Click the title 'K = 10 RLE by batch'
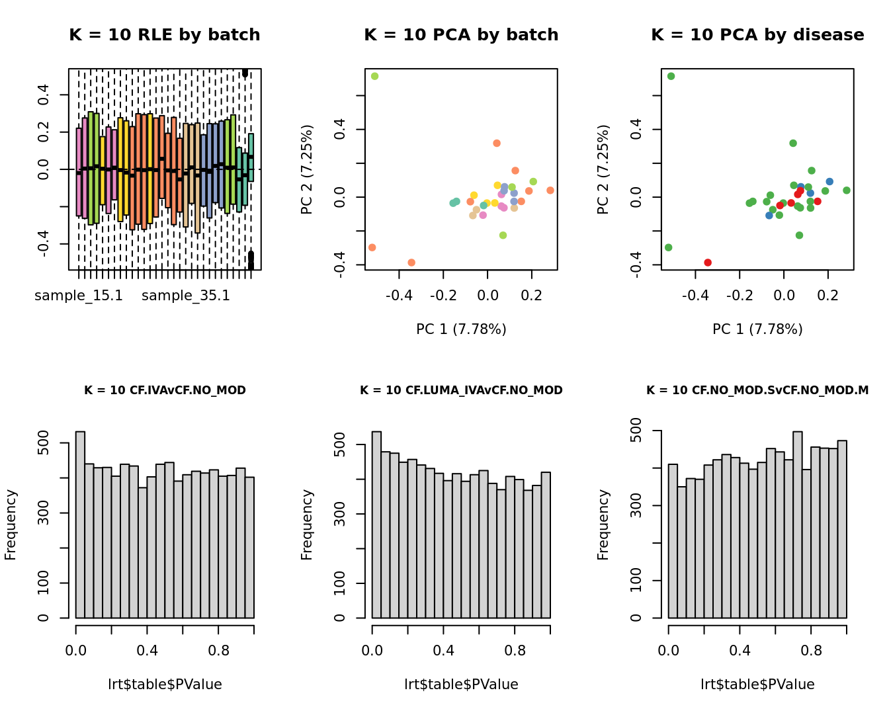tap(164, 35)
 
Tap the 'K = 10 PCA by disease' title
tap(757, 35)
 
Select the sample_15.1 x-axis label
tap(79, 296)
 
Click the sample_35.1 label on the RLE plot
tap(186, 296)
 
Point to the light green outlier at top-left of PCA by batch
tap(374, 76)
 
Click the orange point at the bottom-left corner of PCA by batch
tap(372, 247)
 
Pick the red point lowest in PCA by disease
tap(708, 263)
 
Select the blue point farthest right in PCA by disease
tap(829, 181)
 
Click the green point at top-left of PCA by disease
tap(671, 76)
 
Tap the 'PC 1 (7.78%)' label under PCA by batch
tap(461, 329)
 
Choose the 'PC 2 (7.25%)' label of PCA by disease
tap(603, 169)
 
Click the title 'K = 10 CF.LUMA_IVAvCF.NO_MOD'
tap(461, 390)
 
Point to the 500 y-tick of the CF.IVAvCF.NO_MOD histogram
tap(44, 442)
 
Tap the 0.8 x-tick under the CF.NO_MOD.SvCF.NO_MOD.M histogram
tap(811, 650)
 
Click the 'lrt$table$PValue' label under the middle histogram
tap(461, 685)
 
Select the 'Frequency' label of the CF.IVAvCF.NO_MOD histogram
tap(11, 524)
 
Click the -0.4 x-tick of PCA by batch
tap(400, 295)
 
